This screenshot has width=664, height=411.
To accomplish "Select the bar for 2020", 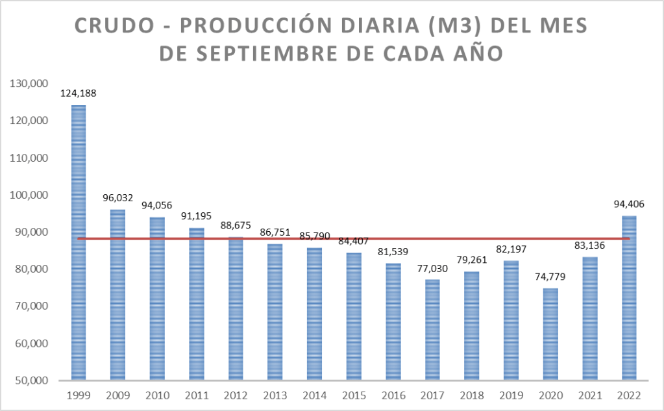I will click(550, 334).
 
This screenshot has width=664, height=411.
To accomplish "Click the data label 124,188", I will click(79, 93).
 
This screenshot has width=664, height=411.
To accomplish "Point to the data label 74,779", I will click(550, 276).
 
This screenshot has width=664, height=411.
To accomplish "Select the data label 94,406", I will click(629, 204).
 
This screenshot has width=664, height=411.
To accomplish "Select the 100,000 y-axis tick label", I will click(25, 195).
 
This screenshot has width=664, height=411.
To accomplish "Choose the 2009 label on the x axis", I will click(117, 394).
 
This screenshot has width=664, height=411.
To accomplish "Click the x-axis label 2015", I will click(354, 394).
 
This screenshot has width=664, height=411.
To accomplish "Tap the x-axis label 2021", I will click(589, 394).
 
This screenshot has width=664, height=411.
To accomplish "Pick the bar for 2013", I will click(275, 312).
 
